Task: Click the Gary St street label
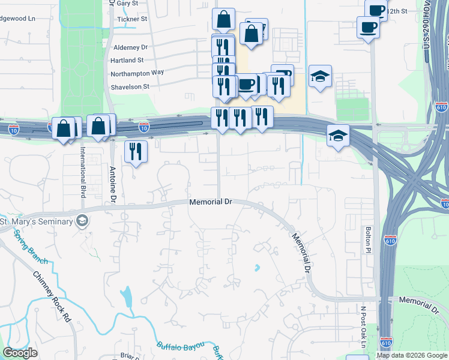coord(127,4)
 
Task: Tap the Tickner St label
coord(133,19)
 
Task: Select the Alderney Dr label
coord(130,47)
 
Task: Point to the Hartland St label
coord(127,60)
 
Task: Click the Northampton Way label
coord(137,73)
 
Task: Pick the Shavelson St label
coord(129,86)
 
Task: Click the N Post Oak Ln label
coord(363,327)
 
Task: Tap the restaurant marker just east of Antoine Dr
coord(136,151)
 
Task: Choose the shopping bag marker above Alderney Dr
coord(223,19)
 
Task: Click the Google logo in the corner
coord(20,353)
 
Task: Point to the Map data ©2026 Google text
coord(411,355)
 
